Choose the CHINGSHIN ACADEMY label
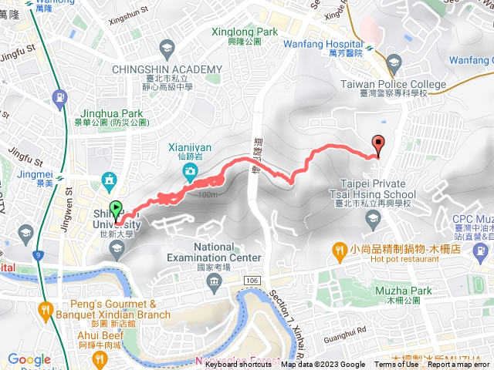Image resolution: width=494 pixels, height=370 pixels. tap(167, 69)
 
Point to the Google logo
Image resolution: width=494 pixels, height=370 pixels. tap(29, 359)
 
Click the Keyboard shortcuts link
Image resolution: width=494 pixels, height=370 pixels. tap(240, 365)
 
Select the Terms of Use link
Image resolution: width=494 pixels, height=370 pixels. tap(396, 365)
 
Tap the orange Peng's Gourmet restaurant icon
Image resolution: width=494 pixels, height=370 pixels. tap(46, 312)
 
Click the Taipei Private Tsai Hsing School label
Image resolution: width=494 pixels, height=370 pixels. tap(374, 189)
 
